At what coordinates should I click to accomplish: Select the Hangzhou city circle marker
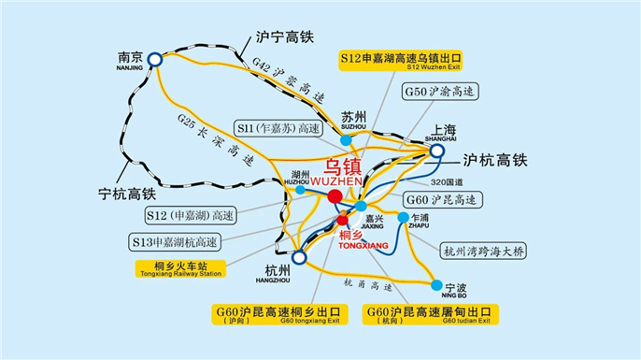coord(299,257)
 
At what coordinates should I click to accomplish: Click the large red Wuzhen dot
coord(335,195)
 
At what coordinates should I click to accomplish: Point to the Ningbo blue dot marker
coord(435,283)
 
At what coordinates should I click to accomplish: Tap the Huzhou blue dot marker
coord(300,190)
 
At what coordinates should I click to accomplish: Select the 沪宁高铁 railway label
coord(286,40)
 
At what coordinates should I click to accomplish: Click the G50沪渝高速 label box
coord(440,93)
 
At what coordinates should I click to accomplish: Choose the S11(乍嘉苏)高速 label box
coord(280,126)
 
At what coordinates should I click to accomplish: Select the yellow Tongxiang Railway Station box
coord(179,269)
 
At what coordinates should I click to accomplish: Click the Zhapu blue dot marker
coord(404,218)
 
